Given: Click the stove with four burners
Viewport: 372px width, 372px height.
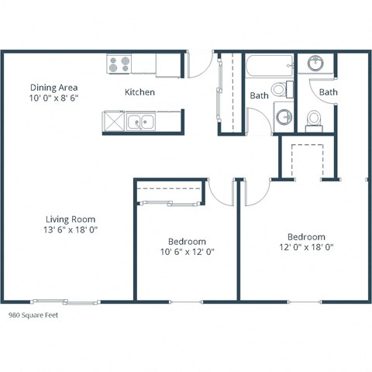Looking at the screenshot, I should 119,64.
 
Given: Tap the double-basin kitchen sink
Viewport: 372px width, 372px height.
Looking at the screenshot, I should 140,121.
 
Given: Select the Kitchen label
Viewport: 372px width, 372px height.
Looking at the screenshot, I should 140,92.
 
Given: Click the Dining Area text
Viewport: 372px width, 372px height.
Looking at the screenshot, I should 54,88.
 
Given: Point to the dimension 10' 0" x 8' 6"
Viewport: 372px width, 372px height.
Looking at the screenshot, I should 54,99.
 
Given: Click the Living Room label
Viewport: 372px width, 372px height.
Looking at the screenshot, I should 70,219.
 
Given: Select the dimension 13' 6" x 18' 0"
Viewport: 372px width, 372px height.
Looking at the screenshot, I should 70,230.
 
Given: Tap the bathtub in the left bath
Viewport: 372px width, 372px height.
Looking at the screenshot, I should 270,65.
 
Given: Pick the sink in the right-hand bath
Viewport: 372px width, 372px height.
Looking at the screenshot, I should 316,64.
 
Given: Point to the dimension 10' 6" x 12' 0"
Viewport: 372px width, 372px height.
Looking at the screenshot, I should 187,253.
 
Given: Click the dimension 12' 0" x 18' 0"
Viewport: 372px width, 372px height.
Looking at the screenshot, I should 306,248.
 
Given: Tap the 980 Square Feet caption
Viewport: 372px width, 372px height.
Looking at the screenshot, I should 33,316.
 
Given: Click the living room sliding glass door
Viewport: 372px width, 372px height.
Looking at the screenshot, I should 66,301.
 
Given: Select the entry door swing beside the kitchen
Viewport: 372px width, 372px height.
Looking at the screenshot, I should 199,64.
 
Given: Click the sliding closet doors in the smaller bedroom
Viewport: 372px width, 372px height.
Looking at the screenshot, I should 170,204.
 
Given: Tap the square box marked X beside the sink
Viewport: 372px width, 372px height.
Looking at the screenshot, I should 114,121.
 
